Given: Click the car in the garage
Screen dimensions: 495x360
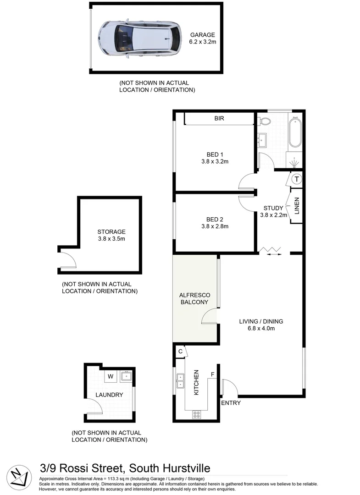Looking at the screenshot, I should (138, 37).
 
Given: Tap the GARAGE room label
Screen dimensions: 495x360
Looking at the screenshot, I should (202, 34).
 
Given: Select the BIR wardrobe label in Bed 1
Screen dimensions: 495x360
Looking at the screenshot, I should (219, 119).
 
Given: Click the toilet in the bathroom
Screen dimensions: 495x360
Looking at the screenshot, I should (265, 121).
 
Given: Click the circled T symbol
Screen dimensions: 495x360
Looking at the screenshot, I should (297, 179).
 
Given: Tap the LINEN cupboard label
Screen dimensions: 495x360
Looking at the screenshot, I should (297, 206).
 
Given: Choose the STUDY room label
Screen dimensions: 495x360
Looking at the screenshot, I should (273, 208).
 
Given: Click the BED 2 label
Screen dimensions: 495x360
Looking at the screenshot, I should (215, 219).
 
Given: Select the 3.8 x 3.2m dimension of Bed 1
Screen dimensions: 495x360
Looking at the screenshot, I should (215, 161).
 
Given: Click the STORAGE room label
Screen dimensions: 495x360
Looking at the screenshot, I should (111, 232).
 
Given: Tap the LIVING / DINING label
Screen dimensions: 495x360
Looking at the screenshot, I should (261, 321).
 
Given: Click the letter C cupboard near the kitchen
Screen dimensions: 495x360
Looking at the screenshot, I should (181, 352).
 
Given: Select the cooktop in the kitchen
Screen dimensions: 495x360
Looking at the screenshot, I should (197, 414).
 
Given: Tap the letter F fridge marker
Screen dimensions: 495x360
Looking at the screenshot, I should (212, 375).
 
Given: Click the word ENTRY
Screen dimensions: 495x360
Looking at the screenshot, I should (231, 403).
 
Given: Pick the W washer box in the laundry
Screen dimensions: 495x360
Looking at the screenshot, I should (110, 377).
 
